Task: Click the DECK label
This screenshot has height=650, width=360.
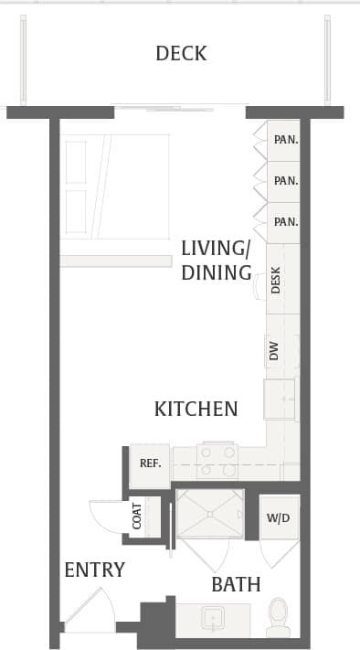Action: pos(181,53)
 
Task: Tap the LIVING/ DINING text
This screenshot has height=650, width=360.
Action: pos(216,261)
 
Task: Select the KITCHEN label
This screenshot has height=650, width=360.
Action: pos(196,409)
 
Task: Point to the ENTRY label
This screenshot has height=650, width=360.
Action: pos(94,570)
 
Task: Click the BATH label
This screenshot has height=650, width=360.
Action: pos(236,584)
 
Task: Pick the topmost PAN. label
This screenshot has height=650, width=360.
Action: pos(285,140)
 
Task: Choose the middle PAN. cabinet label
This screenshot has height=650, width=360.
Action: pos(285,181)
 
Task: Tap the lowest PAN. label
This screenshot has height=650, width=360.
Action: pos(285,221)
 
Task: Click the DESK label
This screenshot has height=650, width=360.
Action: pos(277,280)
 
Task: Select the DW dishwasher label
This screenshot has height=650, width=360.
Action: pos(274,350)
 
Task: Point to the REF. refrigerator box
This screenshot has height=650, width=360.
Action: pos(150,464)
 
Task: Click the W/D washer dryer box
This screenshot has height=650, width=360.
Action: pos(278,518)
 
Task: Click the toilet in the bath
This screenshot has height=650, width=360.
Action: pos(278,618)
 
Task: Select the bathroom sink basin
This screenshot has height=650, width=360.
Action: pos(214,619)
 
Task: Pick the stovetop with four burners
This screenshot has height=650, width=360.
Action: pos(217,462)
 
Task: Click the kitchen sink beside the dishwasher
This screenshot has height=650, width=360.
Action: pos(280,399)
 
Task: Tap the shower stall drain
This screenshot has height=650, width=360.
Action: pos(209,514)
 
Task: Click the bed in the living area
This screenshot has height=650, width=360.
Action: pos(115,187)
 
